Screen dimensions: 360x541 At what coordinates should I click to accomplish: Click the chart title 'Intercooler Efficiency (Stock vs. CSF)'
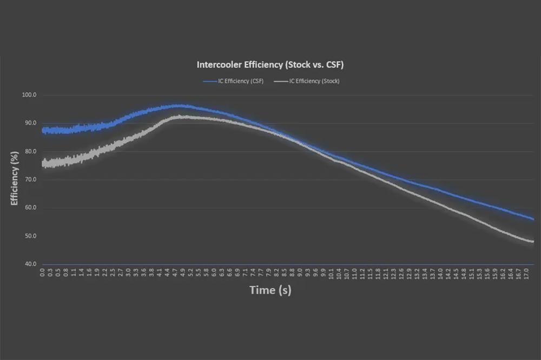click(269, 64)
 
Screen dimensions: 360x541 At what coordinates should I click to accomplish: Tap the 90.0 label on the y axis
click(30, 123)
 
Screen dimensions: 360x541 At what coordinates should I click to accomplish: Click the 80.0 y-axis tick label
click(30, 151)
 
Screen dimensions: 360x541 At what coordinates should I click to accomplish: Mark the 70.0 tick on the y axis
click(30, 179)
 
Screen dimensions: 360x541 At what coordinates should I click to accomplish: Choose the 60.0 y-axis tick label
click(30, 208)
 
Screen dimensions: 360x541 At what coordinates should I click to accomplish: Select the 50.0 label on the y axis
click(30, 236)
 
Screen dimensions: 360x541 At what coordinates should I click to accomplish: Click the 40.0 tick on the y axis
click(30, 264)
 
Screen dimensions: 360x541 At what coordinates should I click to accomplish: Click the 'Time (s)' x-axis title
click(270, 290)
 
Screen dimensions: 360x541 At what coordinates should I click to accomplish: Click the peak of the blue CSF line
click(179, 106)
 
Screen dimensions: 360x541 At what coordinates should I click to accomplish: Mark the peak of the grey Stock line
click(181, 116)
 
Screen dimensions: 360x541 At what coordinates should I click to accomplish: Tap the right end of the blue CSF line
click(533, 219)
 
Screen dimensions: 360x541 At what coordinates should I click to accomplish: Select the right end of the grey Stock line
click(533, 242)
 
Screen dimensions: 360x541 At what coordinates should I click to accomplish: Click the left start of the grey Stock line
click(43, 163)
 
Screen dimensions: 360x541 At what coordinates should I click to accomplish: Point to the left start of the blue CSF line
click(43, 130)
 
